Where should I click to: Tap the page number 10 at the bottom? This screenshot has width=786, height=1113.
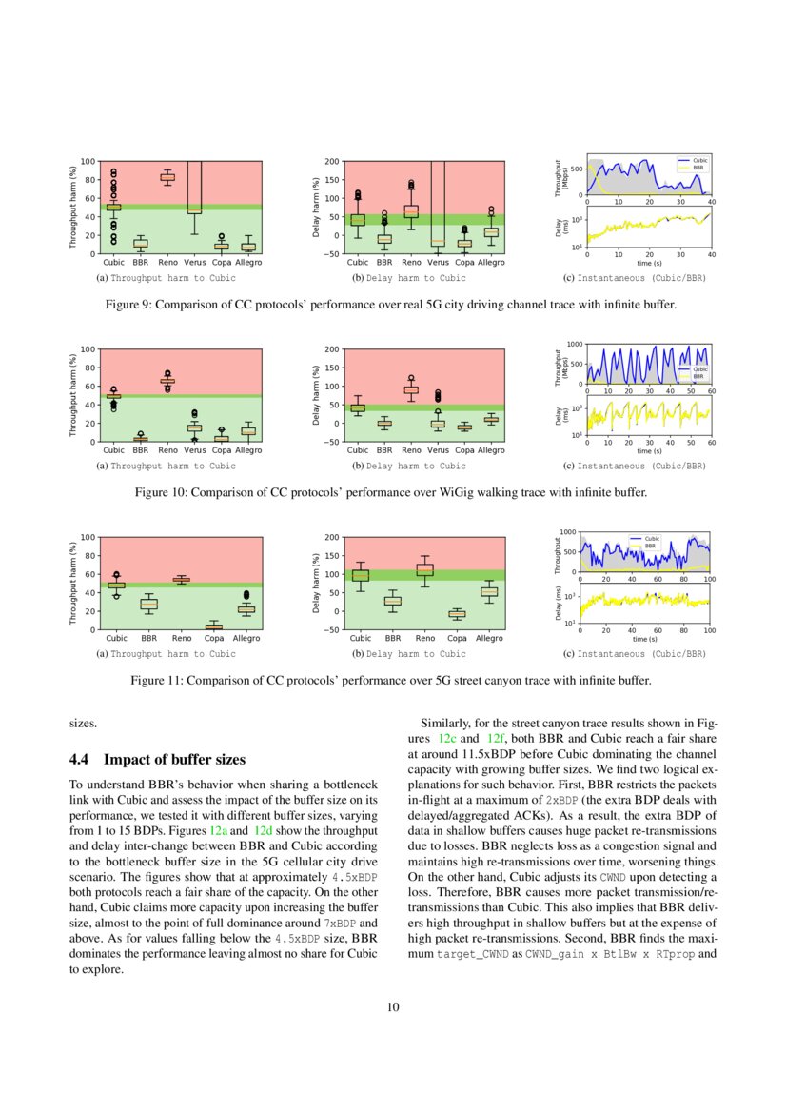click(393, 1007)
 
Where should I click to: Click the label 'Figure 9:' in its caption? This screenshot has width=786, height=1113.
click(129, 306)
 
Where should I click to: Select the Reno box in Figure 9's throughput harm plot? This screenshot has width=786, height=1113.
click(167, 177)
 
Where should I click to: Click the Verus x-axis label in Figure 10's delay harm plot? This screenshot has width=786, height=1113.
click(438, 450)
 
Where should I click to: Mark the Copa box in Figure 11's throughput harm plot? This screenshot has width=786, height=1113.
click(214, 626)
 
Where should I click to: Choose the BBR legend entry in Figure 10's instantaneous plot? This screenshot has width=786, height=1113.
click(695, 376)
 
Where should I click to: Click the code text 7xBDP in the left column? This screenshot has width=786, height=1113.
click(339, 924)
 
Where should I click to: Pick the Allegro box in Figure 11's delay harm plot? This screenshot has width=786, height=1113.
click(489, 591)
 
